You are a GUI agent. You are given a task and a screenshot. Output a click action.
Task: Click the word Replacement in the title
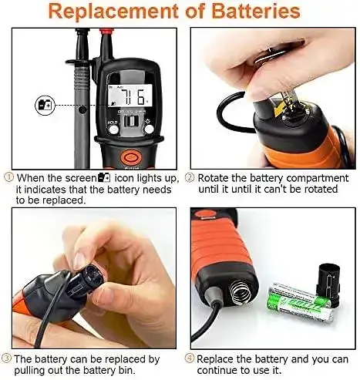(x=113, y=12)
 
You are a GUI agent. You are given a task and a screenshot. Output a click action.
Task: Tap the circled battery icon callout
(x=45, y=105)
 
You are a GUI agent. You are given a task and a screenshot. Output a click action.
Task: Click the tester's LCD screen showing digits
(x=130, y=96)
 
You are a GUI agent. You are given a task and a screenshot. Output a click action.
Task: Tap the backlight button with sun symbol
(x=149, y=129)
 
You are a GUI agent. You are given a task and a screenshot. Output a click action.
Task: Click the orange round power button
(x=131, y=157)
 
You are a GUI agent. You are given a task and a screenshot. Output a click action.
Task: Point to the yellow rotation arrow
(x=281, y=109)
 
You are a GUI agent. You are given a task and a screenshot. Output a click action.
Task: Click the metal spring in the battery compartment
(x=241, y=292)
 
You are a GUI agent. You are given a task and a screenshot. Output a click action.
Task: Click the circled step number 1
(x=9, y=177)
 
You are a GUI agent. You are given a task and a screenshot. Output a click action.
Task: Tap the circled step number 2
(x=190, y=177)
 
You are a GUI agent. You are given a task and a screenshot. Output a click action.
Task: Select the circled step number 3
(x=6, y=358)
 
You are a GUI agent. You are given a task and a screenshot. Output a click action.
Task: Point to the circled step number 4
(x=190, y=358)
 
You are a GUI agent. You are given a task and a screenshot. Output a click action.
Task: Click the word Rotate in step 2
(x=213, y=178)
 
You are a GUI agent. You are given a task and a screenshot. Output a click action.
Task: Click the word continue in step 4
(x=218, y=370)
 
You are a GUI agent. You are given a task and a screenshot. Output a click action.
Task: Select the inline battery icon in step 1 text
(x=104, y=177)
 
